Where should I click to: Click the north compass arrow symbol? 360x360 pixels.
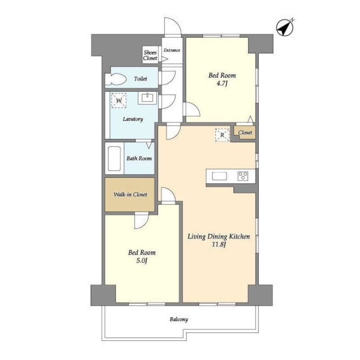[285, 27]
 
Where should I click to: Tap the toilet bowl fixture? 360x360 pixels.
[116, 79]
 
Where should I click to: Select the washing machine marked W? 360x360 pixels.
[119, 100]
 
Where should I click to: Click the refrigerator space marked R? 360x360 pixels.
[222, 135]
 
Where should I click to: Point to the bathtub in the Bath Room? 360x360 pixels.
[114, 158]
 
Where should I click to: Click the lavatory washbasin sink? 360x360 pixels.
[148, 98]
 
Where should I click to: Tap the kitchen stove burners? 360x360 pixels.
[243, 176]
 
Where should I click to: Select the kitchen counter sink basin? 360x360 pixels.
[220, 176]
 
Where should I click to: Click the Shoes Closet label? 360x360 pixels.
[150, 55]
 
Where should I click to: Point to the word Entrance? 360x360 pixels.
[172, 50]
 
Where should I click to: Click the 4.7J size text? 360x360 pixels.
[222, 83]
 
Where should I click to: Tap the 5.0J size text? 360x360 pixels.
[141, 261]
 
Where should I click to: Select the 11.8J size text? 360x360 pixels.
[219, 244]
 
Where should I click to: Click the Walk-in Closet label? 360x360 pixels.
[130, 194]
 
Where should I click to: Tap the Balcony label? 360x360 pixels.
[179, 319]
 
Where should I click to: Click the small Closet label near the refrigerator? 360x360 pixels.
[245, 132]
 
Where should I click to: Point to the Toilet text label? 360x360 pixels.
[140, 79]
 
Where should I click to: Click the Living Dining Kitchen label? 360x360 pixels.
[219, 237]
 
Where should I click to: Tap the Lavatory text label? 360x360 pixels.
[133, 119]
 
